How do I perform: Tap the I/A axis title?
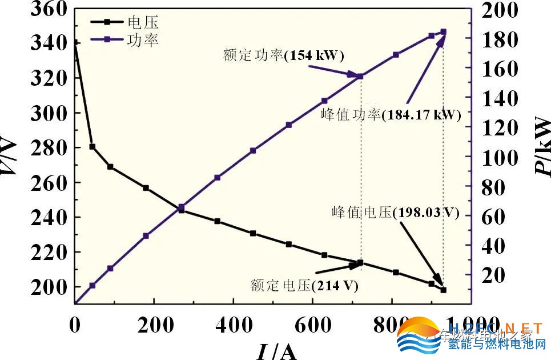tap(276, 350)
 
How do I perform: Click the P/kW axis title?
tap(542, 147)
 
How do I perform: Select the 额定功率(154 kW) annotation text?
tap(283, 55)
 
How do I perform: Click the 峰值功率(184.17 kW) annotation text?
tap(391, 114)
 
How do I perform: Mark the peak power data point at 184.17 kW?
tap(444, 32)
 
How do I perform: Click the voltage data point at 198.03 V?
tap(444, 290)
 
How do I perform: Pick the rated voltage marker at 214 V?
tap(361, 263)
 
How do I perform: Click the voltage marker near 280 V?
tap(92, 147)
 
